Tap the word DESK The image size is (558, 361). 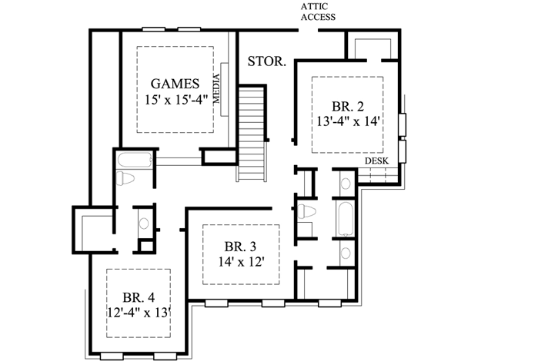click(x=376, y=161)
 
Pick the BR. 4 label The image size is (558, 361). click(x=139, y=296)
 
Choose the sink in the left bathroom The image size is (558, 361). click(x=143, y=224)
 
